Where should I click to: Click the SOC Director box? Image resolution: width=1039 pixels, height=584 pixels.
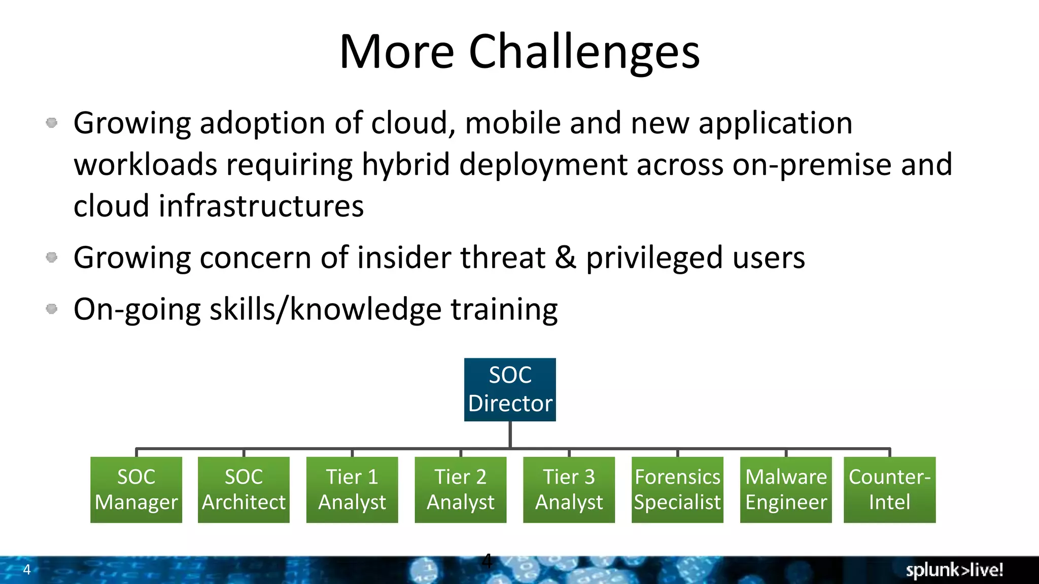coord(510,389)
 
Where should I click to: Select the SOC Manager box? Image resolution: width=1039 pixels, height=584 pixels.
coord(136,490)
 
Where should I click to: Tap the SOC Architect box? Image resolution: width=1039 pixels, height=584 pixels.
coord(244,490)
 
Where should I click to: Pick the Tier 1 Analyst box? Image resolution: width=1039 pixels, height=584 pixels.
coord(352,490)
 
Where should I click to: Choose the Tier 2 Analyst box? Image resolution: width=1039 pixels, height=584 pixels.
coord(461,490)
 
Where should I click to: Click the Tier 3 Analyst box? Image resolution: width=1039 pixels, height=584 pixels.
coord(569,490)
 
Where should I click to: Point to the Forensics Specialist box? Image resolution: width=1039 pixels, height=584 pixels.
coord(677,490)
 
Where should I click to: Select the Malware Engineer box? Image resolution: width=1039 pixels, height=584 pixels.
coord(786,490)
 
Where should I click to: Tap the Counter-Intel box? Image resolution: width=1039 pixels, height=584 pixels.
coord(889,490)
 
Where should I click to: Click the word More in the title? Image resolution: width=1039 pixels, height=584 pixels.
coord(397,52)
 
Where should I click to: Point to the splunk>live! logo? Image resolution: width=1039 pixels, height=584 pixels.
coord(954,570)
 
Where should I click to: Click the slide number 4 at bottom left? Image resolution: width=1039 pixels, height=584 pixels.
coord(27,569)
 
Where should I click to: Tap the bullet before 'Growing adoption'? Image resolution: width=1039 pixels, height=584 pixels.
coord(52,123)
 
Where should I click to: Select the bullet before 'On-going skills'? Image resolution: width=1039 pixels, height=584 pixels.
coord(52,309)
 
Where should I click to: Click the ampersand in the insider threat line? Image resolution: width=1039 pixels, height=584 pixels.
coord(565,258)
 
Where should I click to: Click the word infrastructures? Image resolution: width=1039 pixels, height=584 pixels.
coord(261,206)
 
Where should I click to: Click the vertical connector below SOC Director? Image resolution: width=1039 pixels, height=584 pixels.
coord(510,434)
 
